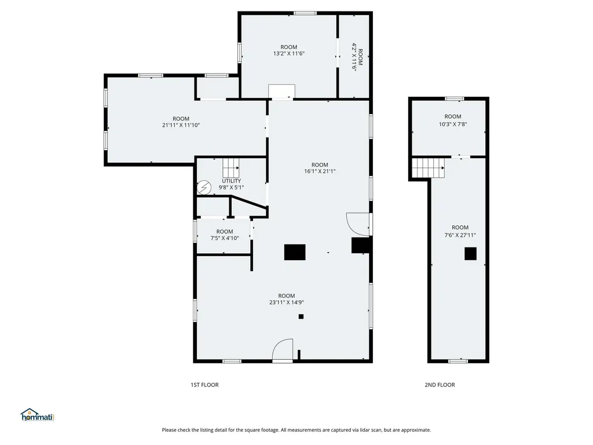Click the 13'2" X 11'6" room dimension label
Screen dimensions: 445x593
point(288,50)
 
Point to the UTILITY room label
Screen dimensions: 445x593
point(231,184)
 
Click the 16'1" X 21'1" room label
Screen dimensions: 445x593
point(320,168)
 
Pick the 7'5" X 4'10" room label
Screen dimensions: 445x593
point(225,235)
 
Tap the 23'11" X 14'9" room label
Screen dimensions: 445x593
point(286,299)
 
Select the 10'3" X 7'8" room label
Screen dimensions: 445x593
point(453,120)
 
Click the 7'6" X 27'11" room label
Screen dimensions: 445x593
point(460,231)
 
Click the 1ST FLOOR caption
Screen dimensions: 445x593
point(204,385)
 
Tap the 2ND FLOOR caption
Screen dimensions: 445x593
point(440,385)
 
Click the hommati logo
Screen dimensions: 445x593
point(37,415)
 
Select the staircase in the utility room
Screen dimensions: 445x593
point(230,168)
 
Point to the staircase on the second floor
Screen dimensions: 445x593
point(429,168)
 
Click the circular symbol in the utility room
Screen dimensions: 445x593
point(204,188)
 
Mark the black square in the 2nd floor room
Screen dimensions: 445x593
point(470,253)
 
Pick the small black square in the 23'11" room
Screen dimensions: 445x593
point(301,316)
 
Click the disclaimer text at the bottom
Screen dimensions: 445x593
point(296,430)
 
